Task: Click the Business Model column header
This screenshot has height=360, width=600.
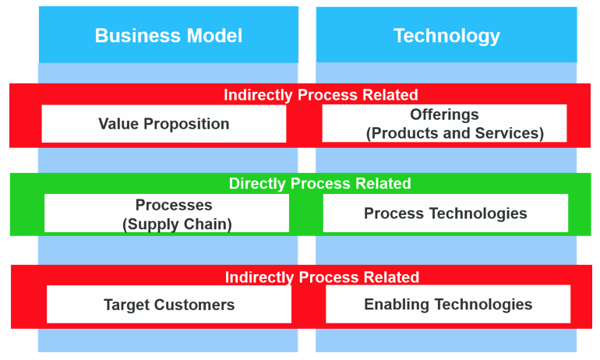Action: pos(168,35)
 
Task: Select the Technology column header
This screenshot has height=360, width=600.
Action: pos(446,35)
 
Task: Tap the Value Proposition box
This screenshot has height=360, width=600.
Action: pos(164,124)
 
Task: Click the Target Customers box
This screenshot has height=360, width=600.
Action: pos(169,305)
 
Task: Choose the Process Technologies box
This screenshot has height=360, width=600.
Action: pos(445,214)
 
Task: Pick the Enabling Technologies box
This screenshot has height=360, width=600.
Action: pos(448,305)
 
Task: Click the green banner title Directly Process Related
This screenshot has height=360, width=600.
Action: pos(319,184)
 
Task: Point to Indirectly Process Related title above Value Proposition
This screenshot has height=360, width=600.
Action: pos(321,95)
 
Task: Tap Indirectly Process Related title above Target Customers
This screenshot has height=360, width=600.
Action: pos(322,277)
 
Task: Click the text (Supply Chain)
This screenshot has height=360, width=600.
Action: pos(177,224)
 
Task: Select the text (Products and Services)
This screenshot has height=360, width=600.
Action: pos(455,133)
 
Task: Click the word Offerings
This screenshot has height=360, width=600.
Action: pos(445,115)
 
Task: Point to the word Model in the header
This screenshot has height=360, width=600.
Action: pos(213,35)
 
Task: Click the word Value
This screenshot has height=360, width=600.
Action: pos(117,124)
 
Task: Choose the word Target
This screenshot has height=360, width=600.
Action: pos(125,305)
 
